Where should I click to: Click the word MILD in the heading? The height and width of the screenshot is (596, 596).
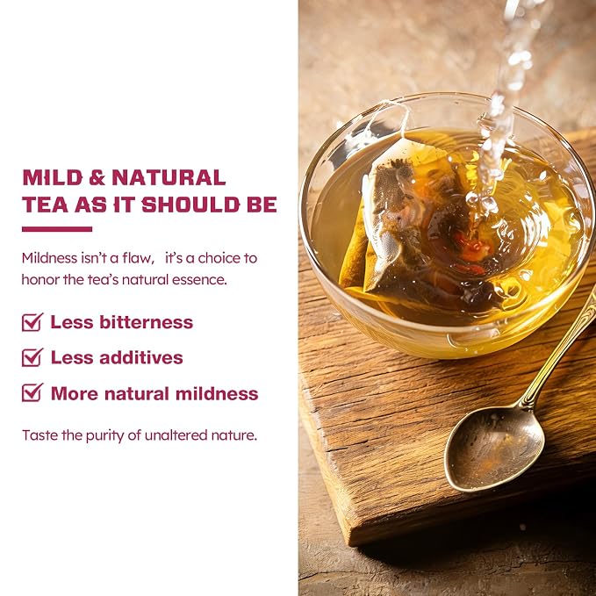click(53, 177)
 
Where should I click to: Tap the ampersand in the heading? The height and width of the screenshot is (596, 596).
click(97, 177)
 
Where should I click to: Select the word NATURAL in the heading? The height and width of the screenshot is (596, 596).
click(169, 177)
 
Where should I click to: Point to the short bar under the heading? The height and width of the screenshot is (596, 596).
click(57, 229)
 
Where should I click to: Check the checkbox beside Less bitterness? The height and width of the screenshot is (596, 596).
click(32, 322)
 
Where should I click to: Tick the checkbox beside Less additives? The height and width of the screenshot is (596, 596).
click(32, 357)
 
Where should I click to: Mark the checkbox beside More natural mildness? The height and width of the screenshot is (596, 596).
click(32, 392)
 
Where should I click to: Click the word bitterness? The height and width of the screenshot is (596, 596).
click(147, 322)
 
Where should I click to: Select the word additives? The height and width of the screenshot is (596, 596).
click(141, 357)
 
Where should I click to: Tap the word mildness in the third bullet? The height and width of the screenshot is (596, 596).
click(217, 393)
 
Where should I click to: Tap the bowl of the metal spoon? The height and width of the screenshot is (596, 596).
click(494, 449)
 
